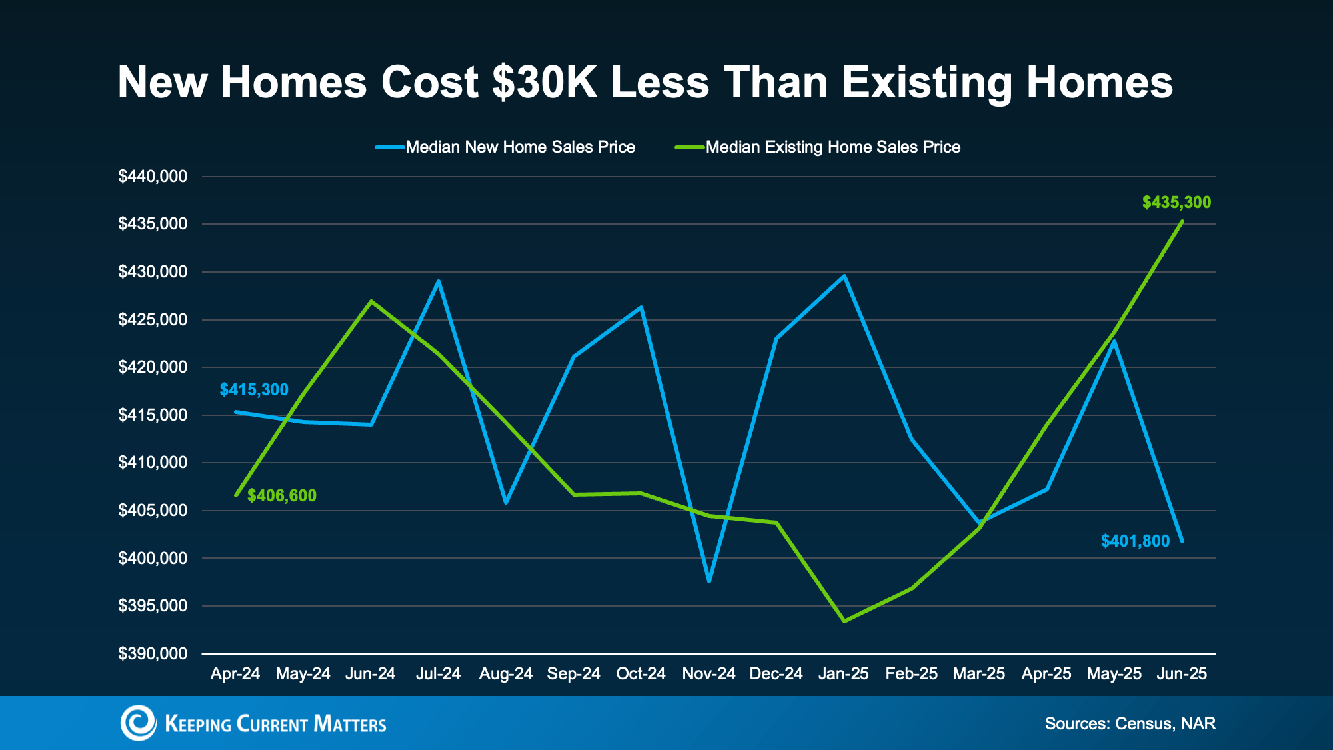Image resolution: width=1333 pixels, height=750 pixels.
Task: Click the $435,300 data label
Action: [1176, 202]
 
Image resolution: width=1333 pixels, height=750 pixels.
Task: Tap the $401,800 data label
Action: [1135, 541]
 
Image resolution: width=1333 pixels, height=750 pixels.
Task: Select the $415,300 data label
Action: [254, 389]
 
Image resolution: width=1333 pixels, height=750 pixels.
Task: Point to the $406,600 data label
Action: [282, 495]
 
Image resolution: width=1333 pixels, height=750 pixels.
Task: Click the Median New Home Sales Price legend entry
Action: [520, 147]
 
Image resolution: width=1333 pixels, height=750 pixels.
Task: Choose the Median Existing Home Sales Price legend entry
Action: [832, 147]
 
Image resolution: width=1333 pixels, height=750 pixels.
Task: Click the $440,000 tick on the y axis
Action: [153, 177]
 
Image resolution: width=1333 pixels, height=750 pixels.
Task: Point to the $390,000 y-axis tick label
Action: [153, 653]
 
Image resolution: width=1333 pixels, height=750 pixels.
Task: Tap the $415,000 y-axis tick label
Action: [153, 415]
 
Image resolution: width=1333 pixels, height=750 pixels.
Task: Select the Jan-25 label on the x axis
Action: [843, 673]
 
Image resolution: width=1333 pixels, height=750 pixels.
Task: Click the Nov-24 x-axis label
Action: [708, 673]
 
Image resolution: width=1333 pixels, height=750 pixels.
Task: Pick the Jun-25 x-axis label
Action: [1182, 673]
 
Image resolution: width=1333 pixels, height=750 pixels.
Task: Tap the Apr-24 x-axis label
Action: [235, 673]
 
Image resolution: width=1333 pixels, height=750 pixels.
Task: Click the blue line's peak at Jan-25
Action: [844, 275]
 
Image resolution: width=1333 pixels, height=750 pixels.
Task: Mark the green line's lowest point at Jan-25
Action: [844, 621]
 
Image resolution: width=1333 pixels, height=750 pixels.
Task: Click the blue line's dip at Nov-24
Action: [709, 581]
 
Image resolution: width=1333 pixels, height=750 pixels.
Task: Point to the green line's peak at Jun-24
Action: [371, 301]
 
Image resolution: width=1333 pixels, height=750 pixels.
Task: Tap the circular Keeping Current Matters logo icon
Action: [138, 723]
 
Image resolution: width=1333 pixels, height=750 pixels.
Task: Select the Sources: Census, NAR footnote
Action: [1130, 723]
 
